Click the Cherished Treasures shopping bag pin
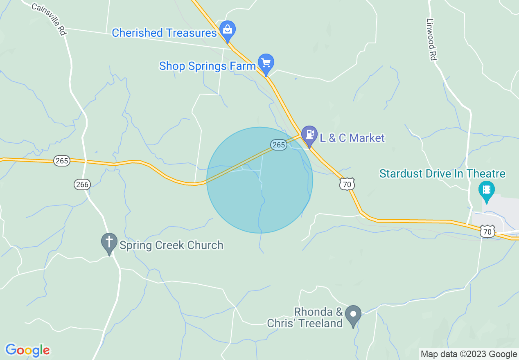(227, 29)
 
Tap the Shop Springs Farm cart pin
(266, 63)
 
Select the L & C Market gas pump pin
(309, 135)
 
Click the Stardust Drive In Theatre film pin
(487, 190)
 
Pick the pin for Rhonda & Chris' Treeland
(353, 315)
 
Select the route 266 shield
(82, 184)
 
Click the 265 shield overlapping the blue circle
(278, 144)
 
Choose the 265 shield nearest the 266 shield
(62, 161)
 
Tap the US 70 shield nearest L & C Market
(347, 184)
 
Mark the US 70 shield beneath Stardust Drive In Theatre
(487, 232)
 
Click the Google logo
(27, 350)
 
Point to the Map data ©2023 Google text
(469, 354)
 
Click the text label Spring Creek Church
(171, 245)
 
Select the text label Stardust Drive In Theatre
(442, 173)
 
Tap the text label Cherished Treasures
(164, 33)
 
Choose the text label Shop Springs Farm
(207, 65)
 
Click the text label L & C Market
(352, 138)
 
